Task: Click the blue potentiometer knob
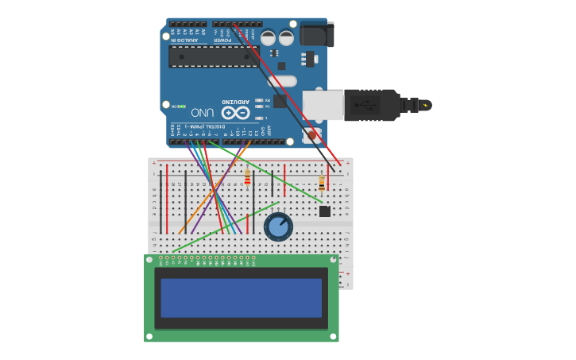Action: [278, 226]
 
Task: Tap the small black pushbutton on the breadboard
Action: [324, 211]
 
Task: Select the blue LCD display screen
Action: [241, 297]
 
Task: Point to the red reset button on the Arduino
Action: [311, 135]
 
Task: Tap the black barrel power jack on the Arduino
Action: [316, 34]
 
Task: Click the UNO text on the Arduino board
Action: [202, 113]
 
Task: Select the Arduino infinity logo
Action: [236, 112]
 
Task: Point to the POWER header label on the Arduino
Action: [222, 39]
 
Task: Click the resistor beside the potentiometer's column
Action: [247, 176]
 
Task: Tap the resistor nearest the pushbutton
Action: [321, 183]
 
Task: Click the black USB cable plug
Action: [373, 105]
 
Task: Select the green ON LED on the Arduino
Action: [181, 106]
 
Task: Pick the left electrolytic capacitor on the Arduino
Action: [269, 37]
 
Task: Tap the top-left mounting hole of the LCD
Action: [150, 261]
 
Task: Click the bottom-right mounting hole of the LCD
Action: [333, 335]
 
